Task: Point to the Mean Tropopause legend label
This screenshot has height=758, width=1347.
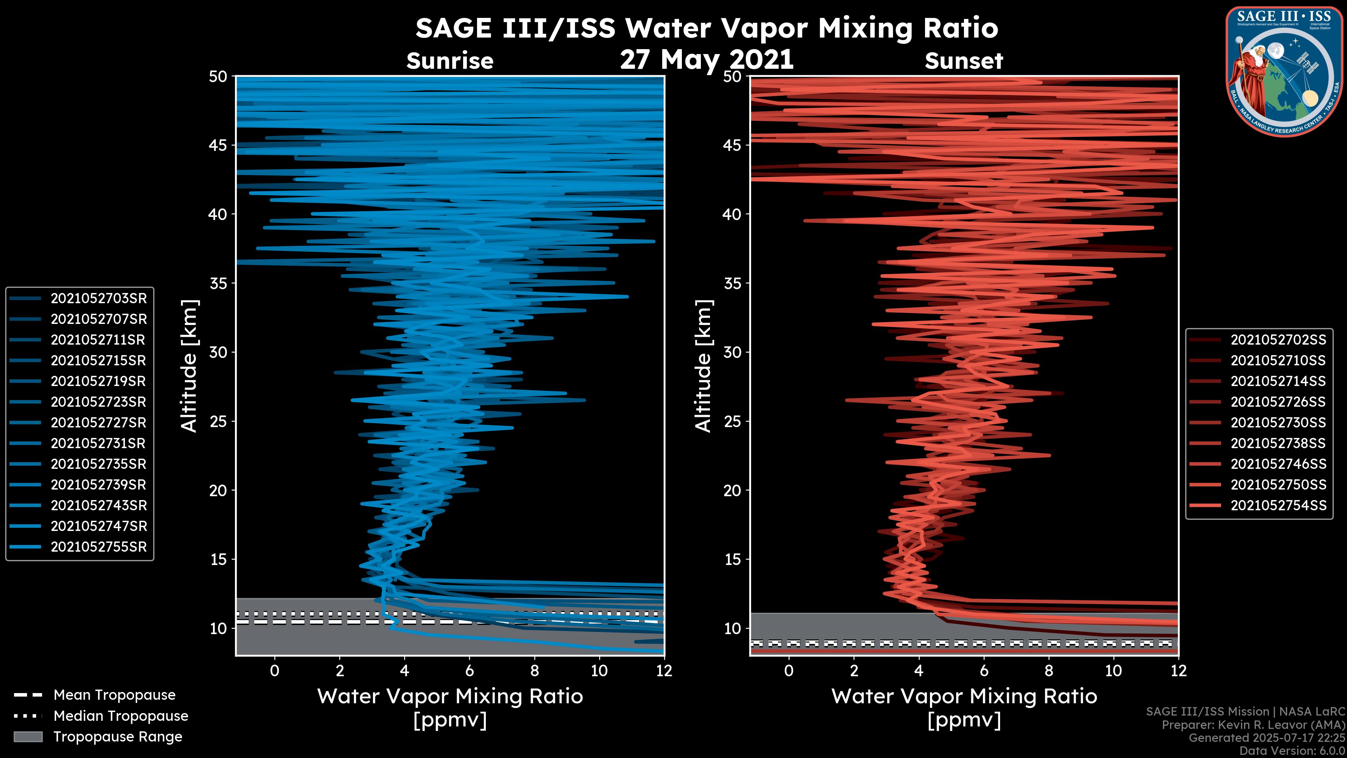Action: point(114,695)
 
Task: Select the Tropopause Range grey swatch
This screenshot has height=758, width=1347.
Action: point(28,737)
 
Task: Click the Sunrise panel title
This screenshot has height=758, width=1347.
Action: point(450,61)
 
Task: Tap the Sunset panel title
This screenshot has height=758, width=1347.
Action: point(964,61)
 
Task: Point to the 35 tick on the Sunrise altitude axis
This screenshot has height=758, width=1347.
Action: point(218,283)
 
